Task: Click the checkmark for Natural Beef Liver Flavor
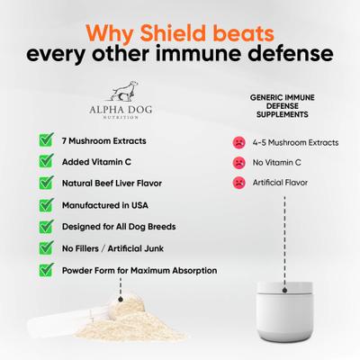coord(45,183)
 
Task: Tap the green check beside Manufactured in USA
coord(45,204)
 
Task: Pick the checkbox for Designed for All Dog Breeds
coord(45,227)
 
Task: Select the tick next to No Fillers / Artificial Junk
coord(45,248)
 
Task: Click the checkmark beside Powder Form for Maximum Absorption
coord(45,270)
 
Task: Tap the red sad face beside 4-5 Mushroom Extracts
coord(239,142)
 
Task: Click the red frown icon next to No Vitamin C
coord(239,163)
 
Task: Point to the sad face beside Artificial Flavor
coord(239,184)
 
